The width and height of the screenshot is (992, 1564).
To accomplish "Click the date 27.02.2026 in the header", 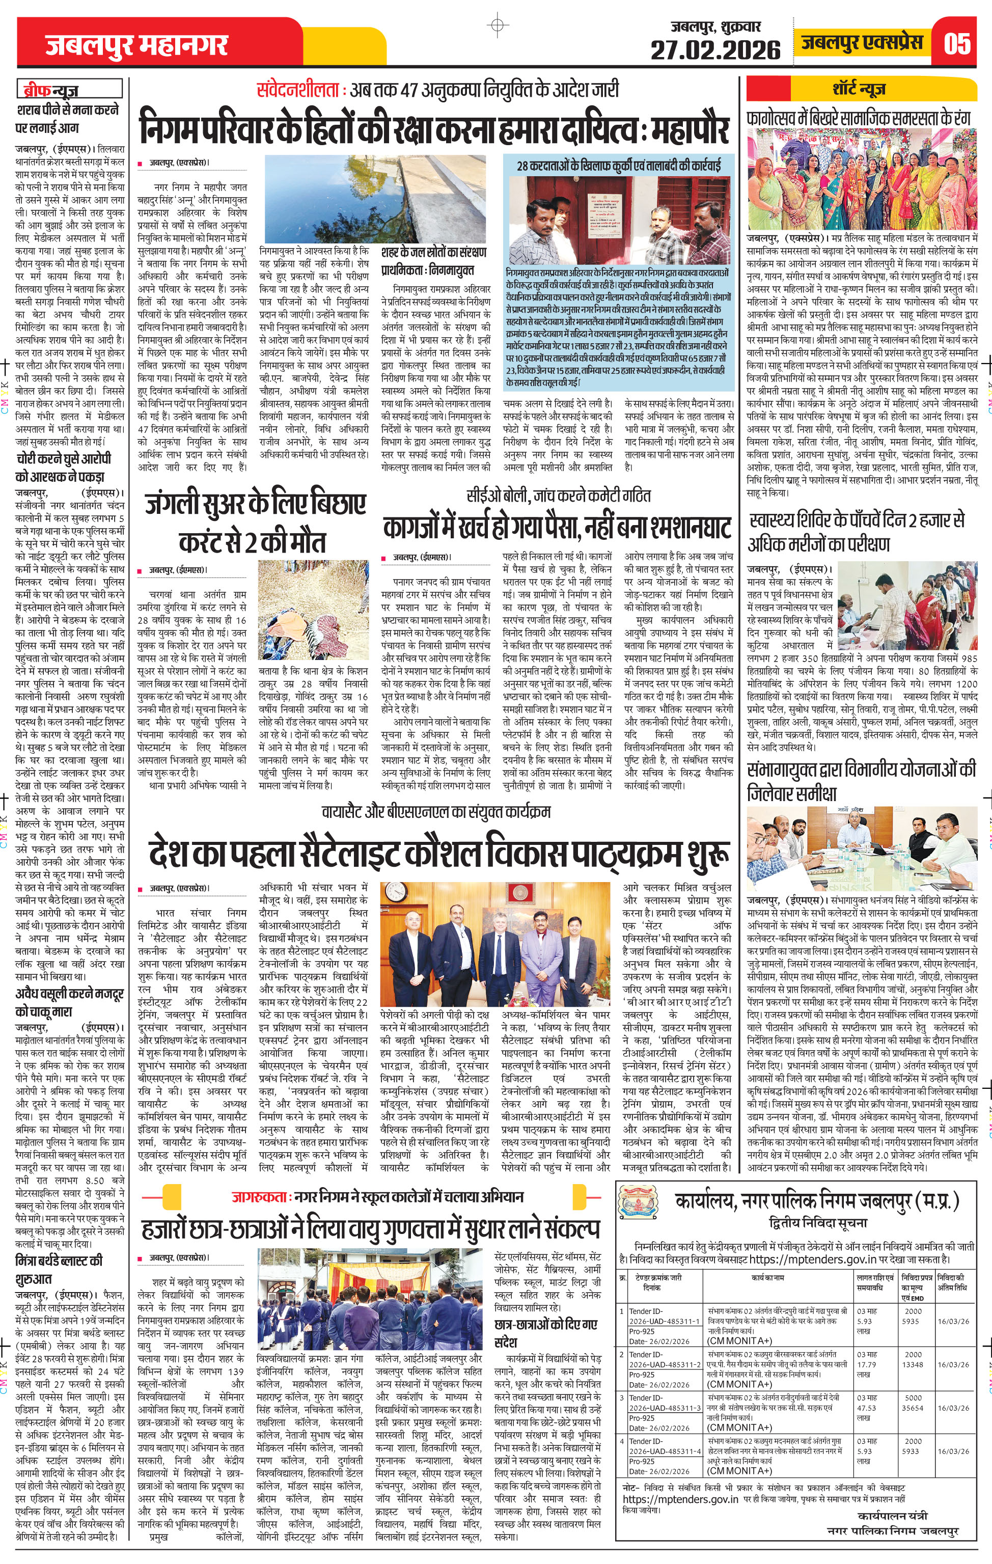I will click(716, 49).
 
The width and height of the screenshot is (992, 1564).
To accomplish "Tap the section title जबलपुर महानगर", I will click(136, 45).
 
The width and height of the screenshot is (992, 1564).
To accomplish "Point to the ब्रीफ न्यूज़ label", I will click(50, 90).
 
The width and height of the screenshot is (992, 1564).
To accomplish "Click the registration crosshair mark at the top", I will click(497, 25).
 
